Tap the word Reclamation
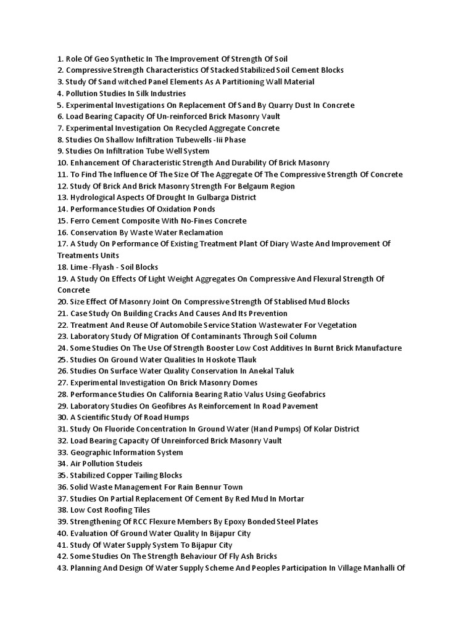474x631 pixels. click(194, 232)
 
